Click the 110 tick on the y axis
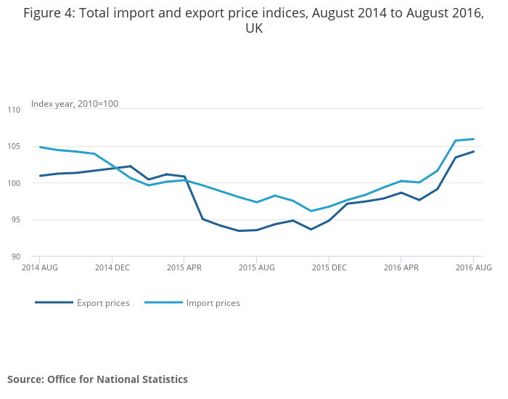(14, 110)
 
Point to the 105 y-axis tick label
(14, 146)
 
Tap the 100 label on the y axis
(14, 183)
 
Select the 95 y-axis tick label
(16, 219)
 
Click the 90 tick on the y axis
(16, 257)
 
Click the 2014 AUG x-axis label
(40, 267)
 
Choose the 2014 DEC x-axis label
(112, 267)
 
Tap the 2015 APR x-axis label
(184, 267)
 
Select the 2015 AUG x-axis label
(256, 267)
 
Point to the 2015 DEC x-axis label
(329, 267)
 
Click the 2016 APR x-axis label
(401, 267)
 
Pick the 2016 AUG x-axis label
(473, 267)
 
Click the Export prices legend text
(103, 303)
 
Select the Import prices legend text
(213, 303)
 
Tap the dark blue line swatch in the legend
(54, 302)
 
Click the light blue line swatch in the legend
(163, 302)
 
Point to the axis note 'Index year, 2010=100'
(74, 104)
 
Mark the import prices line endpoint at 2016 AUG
(473, 139)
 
